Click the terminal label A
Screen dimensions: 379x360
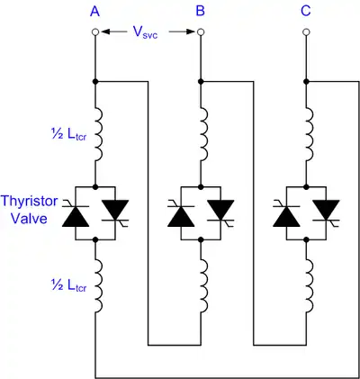pos(95,12)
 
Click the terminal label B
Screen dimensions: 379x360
pos(200,12)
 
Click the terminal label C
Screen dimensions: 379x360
pos(306,12)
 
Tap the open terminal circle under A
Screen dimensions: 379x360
pos(95,32)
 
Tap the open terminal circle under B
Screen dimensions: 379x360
pos(201,32)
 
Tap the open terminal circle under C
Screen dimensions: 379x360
pos(306,32)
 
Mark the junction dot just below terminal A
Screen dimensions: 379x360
pos(95,82)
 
